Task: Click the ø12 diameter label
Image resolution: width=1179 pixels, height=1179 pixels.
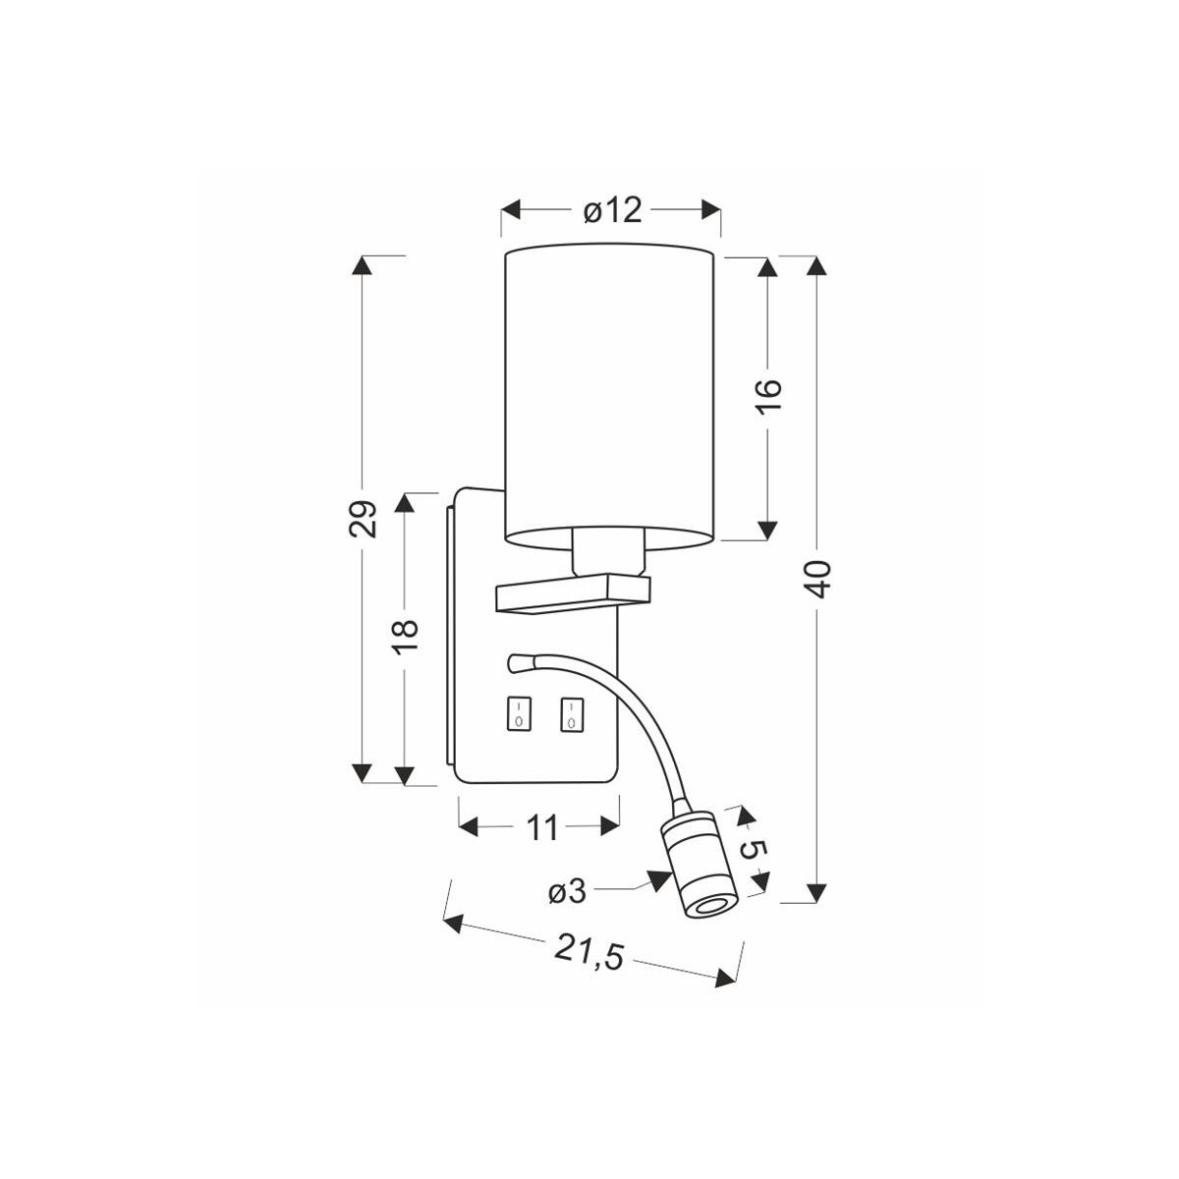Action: point(611,210)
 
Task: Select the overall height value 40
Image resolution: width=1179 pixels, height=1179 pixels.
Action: point(818,580)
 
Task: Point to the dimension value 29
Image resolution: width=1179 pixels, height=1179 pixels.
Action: point(364,518)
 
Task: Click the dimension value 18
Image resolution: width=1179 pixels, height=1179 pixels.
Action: point(407,638)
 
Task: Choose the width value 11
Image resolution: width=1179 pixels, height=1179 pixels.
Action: point(539,827)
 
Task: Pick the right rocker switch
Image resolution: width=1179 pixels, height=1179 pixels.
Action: point(570,714)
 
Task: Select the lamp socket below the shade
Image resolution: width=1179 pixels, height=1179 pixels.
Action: point(607,554)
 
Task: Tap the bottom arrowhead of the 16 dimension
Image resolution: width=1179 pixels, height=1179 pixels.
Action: point(766,531)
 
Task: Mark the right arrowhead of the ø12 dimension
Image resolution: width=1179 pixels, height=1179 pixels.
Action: point(711,210)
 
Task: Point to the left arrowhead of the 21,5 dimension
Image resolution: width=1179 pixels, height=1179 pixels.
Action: point(453,922)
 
